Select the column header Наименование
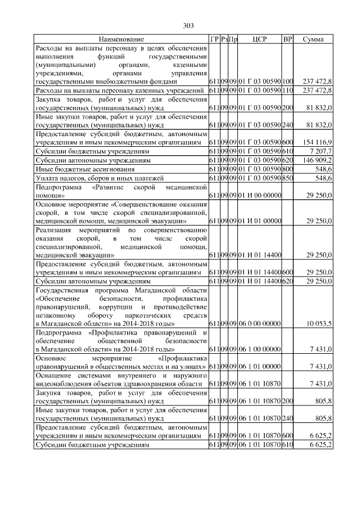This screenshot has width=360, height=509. (121, 39)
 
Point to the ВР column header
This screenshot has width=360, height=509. (287, 39)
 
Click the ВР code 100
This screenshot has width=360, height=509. (287, 82)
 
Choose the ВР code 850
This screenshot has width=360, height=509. (287, 178)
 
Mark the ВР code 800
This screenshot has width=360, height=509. (287, 169)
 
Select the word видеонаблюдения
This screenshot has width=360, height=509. (65, 384)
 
